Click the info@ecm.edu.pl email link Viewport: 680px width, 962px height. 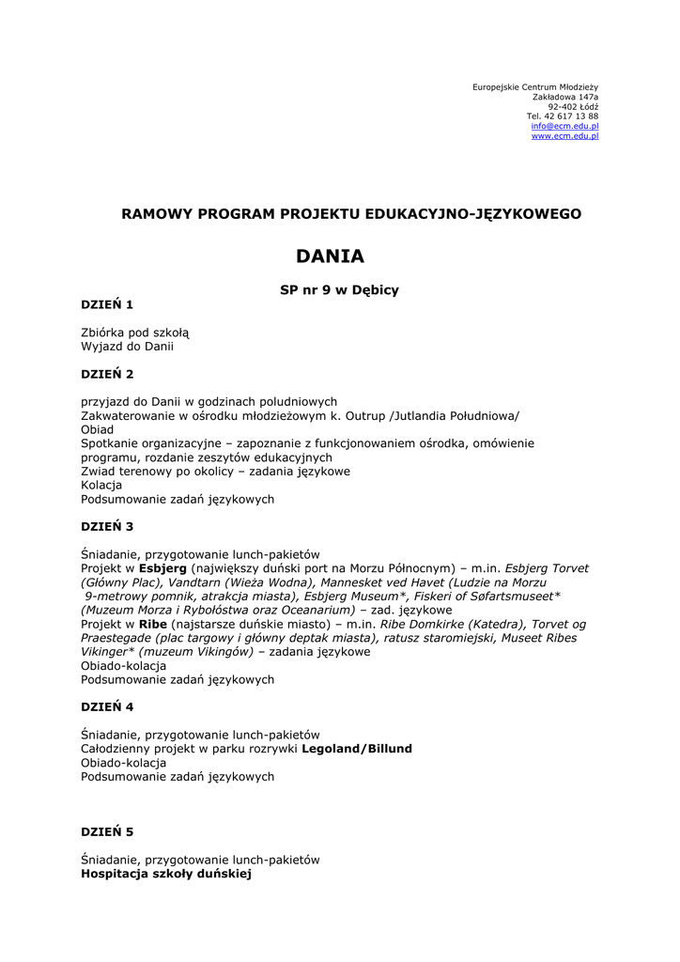[x=564, y=126]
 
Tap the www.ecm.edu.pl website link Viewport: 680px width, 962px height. [x=564, y=136]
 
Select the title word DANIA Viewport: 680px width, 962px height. [x=330, y=256]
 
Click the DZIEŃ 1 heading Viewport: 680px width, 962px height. [x=107, y=304]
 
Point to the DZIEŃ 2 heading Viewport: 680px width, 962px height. [x=107, y=374]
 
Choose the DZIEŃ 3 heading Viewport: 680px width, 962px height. [x=107, y=527]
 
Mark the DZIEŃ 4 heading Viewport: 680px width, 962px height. [x=107, y=706]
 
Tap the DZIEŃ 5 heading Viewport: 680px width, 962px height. [x=107, y=832]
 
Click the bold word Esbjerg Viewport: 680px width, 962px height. [x=162, y=569]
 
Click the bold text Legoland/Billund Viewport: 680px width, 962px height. [x=356, y=749]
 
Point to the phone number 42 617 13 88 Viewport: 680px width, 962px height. [x=571, y=116]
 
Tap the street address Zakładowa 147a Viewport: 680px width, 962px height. [x=565, y=97]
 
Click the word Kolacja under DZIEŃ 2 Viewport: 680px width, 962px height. [x=101, y=486]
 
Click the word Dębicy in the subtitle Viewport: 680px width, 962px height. [x=377, y=290]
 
